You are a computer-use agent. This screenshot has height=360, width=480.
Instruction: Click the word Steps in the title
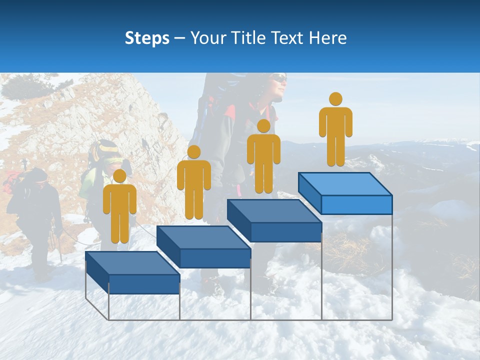click(147, 38)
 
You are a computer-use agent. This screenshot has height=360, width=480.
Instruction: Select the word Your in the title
click(206, 38)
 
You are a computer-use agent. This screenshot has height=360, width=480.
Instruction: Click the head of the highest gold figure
click(335, 99)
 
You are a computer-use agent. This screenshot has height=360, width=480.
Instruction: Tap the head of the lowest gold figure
click(119, 176)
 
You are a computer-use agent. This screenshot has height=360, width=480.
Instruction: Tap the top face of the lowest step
click(132, 263)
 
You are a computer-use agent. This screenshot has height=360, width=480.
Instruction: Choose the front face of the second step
click(215, 258)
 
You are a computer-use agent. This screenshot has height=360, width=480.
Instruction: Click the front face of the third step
click(286, 232)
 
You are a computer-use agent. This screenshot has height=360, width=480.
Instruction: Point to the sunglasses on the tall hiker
click(280, 78)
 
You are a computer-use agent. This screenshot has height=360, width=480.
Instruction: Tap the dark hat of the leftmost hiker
click(36, 174)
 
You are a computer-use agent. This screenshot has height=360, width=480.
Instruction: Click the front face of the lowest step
click(144, 284)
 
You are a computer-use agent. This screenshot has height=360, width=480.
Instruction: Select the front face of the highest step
click(356, 204)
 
